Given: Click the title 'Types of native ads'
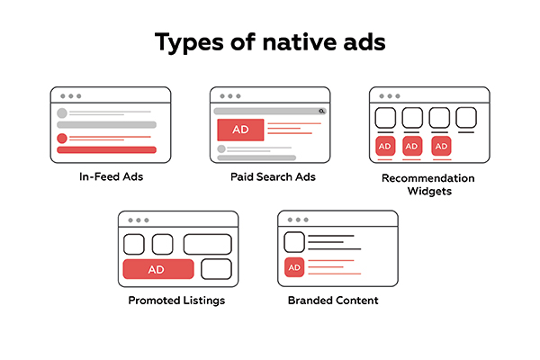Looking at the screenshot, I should [269, 42].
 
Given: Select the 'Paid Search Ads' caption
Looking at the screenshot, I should [269, 176].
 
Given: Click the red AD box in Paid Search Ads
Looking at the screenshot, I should [240, 130].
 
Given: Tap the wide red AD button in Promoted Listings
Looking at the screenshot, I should [158, 269].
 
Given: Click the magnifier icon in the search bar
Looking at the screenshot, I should [321, 111].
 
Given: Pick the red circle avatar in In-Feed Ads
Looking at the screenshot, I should [62, 139].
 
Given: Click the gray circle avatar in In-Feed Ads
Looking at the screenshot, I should [62, 113].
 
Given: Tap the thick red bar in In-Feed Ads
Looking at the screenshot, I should [106, 150].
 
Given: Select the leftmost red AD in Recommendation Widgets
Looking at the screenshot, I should [385, 146].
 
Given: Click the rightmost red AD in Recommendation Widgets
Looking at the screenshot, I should [440, 146].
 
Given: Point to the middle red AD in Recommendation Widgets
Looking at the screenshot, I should [412, 146].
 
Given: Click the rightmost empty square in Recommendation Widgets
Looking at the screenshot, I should [466, 118].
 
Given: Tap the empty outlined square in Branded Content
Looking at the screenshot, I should [294, 242].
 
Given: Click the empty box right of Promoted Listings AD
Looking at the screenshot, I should [216, 269].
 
